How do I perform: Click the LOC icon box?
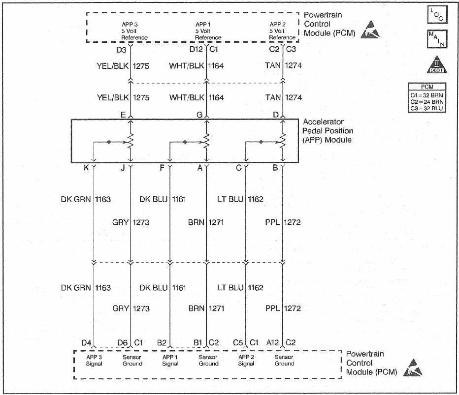(x=437, y=15)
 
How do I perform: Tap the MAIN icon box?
(x=437, y=39)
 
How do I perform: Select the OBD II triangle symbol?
(x=437, y=64)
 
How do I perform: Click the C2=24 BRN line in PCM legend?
(x=427, y=102)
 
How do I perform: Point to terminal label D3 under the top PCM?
(x=121, y=50)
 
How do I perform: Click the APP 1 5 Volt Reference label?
(x=208, y=31)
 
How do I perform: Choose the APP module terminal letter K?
(x=86, y=168)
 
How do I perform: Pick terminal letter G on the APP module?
(x=199, y=115)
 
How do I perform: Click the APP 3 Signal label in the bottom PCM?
(x=94, y=360)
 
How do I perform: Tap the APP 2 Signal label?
(x=246, y=360)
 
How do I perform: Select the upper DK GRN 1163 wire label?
(x=86, y=199)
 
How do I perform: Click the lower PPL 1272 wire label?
(x=283, y=308)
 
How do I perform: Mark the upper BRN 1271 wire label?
(x=206, y=222)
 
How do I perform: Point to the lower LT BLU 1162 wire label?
(x=240, y=288)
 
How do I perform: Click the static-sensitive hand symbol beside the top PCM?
(x=370, y=30)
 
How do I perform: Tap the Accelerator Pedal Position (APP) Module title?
(x=328, y=131)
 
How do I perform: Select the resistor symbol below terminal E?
(x=131, y=142)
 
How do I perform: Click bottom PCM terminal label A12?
(x=272, y=342)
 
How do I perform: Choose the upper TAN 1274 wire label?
(x=283, y=65)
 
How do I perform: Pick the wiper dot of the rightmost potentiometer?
(x=261, y=142)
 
